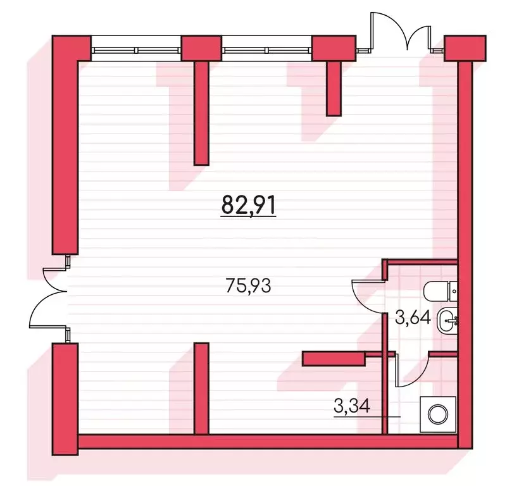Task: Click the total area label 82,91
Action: click(248, 205)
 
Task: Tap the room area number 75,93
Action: click(248, 285)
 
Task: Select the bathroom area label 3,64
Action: click(413, 318)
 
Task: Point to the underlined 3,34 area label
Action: click(351, 406)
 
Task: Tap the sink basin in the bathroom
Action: click(447, 320)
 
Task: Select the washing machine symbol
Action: click(438, 414)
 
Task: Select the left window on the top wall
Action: click(136, 50)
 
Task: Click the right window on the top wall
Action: click(268, 50)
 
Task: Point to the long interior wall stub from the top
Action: click(201, 113)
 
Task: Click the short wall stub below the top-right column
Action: click(334, 89)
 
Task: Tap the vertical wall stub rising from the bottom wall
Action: click(201, 389)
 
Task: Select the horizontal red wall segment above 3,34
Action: click(334, 359)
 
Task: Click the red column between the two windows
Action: click(201, 48)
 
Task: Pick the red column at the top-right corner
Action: click(465, 48)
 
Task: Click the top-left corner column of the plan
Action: click(71, 48)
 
